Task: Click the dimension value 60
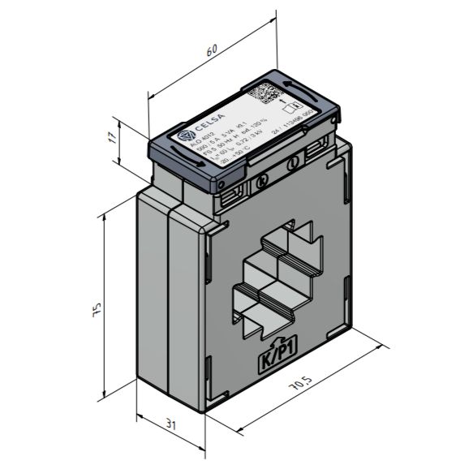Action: (x=213, y=51)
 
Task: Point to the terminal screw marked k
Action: (x=261, y=183)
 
